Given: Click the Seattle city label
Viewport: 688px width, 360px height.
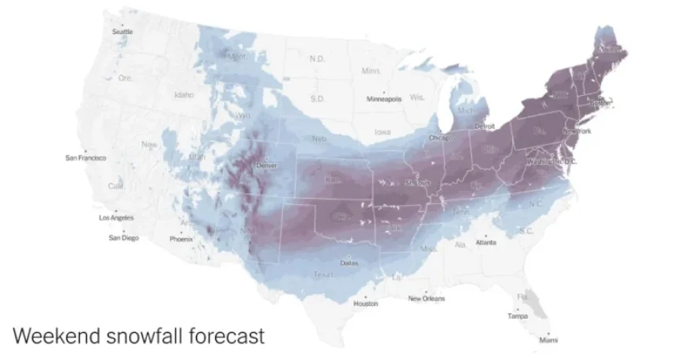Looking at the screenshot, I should pyautogui.click(x=123, y=32).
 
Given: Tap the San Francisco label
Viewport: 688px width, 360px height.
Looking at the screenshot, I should pyautogui.click(x=85, y=157).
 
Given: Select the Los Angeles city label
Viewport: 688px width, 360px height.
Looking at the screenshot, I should pyautogui.click(x=116, y=218).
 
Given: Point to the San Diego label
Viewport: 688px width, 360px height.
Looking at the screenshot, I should pyautogui.click(x=123, y=238).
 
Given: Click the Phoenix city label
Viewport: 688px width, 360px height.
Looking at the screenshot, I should pyautogui.click(x=181, y=239).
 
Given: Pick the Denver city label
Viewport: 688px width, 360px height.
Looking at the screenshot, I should pyautogui.click(x=267, y=165).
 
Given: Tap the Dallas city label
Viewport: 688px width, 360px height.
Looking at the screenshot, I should pyautogui.click(x=348, y=263).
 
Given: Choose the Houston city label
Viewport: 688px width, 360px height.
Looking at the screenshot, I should pyautogui.click(x=365, y=304).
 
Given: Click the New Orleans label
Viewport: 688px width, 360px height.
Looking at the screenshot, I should pyautogui.click(x=426, y=298).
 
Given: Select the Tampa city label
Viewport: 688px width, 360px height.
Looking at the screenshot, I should pyautogui.click(x=518, y=316).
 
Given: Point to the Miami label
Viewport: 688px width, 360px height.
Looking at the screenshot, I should pyautogui.click(x=547, y=340).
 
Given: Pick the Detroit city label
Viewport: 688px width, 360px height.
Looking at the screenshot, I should pyautogui.click(x=484, y=127).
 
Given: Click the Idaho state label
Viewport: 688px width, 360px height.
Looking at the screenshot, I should pyautogui.click(x=183, y=95).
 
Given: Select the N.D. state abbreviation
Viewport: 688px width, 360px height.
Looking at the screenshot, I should pyautogui.click(x=317, y=59).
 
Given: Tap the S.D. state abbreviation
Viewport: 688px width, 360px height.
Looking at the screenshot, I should pyautogui.click(x=318, y=98).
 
